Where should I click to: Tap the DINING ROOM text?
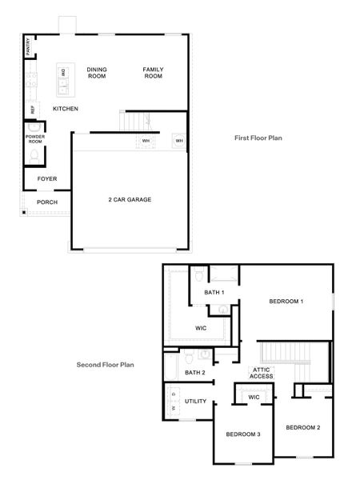(x=97, y=73)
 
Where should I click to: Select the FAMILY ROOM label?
(x=153, y=73)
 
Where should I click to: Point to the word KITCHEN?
(x=66, y=109)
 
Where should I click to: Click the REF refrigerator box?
(x=33, y=110)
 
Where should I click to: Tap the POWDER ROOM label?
(x=34, y=139)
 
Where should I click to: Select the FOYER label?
(x=47, y=178)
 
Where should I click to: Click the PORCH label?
(x=47, y=202)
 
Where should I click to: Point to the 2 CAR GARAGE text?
(x=130, y=199)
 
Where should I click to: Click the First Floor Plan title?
(x=258, y=138)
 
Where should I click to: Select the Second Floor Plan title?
(x=105, y=365)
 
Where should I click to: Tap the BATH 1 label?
(x=214, y=293)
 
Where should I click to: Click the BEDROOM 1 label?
(x=286, y=301)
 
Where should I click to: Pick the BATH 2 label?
(x=195, y=373)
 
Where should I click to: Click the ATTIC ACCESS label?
(x=262, y=373)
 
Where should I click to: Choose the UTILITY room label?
(x=196, y=401)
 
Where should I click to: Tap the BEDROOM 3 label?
(x=242, y=434)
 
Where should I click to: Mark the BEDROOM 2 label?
(x=302, y=427)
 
